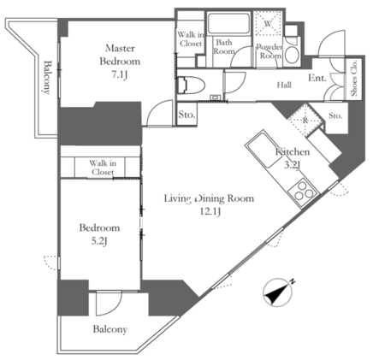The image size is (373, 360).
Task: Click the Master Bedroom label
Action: coord(120,55)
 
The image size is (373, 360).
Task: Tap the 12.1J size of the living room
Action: coord(210,212)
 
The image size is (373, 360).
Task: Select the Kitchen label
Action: coord(293,151)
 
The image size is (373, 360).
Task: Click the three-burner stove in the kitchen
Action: coord(303,191)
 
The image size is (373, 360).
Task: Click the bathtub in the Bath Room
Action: coord(229,23)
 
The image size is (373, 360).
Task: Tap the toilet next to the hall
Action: coord(191,85)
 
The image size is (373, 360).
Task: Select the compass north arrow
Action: coord(278,292)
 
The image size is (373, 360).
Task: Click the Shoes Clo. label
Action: coord(354,78)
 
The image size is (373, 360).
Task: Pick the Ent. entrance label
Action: coord(317,78)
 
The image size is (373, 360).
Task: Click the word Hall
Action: coord(284,85)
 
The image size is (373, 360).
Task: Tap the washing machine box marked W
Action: coord(268,23)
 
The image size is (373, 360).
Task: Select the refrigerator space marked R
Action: coord(305,121)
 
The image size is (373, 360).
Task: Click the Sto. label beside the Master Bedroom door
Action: coord(186,115)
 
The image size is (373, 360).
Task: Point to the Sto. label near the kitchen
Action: coord(335,115)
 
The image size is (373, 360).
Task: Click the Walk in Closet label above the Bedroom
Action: coord(103,168)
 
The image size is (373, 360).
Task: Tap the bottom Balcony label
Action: coord(110,329)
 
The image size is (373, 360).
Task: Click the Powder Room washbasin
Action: coord(292,55)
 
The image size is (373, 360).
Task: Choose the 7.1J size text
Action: coord(120,75)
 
